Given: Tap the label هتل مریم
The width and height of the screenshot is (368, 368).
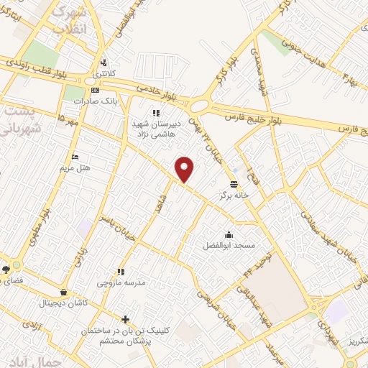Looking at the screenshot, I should (73, 167).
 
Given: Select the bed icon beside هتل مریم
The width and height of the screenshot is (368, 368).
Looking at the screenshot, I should (74, 157).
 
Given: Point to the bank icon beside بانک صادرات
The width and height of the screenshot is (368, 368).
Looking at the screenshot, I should (96, 90).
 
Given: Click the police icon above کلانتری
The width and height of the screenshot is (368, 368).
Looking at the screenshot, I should (105, 62).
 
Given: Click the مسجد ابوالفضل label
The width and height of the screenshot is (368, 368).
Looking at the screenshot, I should (229, 245).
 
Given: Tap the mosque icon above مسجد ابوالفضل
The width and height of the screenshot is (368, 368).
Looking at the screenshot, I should (229, 234).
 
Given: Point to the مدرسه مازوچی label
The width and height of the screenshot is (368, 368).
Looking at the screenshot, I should (121, 282).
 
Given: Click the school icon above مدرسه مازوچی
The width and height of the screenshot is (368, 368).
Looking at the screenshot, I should (121, 272).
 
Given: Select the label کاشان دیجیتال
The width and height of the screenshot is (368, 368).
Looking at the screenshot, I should (66, 303).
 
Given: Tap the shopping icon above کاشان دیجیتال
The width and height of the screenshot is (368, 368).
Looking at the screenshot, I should (65, 293).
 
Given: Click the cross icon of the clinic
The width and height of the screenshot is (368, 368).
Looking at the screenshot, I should (126, 319).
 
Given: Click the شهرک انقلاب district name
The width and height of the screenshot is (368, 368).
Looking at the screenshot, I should (70, 19).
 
